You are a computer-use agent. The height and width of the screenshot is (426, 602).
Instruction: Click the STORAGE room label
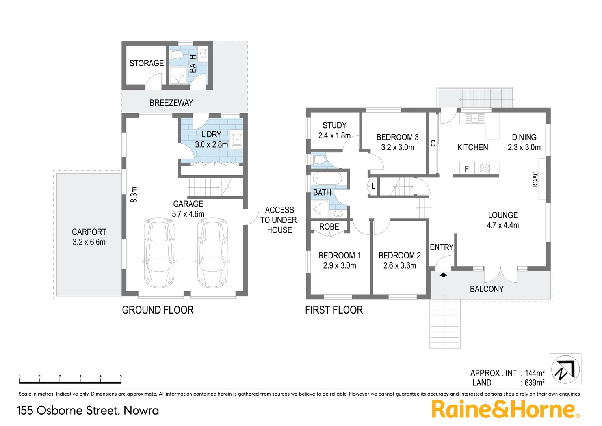click(x=146, y=63)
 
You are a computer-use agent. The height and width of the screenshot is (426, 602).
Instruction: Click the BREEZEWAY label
click(x=171, y=103)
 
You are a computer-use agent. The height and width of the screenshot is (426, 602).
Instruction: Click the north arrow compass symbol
click(x=565, y=370)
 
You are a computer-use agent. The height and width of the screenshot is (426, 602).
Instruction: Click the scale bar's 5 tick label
click(x=121, y=376)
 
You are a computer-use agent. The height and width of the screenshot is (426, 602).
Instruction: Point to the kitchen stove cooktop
click(x=484, y=169)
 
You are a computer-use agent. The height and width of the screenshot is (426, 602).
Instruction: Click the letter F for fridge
click(x=467, y=169)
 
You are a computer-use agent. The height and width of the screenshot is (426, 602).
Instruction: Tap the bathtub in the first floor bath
click(x=327, y=179)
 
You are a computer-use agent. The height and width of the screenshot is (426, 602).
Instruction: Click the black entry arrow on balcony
click(x=443, y=275)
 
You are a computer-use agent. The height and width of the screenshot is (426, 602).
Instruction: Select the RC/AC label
click(x=535, y=179)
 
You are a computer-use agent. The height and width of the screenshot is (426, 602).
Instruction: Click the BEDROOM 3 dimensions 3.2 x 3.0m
click(x=397, y=148)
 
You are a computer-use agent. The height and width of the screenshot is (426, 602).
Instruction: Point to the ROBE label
click(x=329, y=227)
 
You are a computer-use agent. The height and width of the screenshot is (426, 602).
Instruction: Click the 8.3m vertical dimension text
click(x=134, y=195)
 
